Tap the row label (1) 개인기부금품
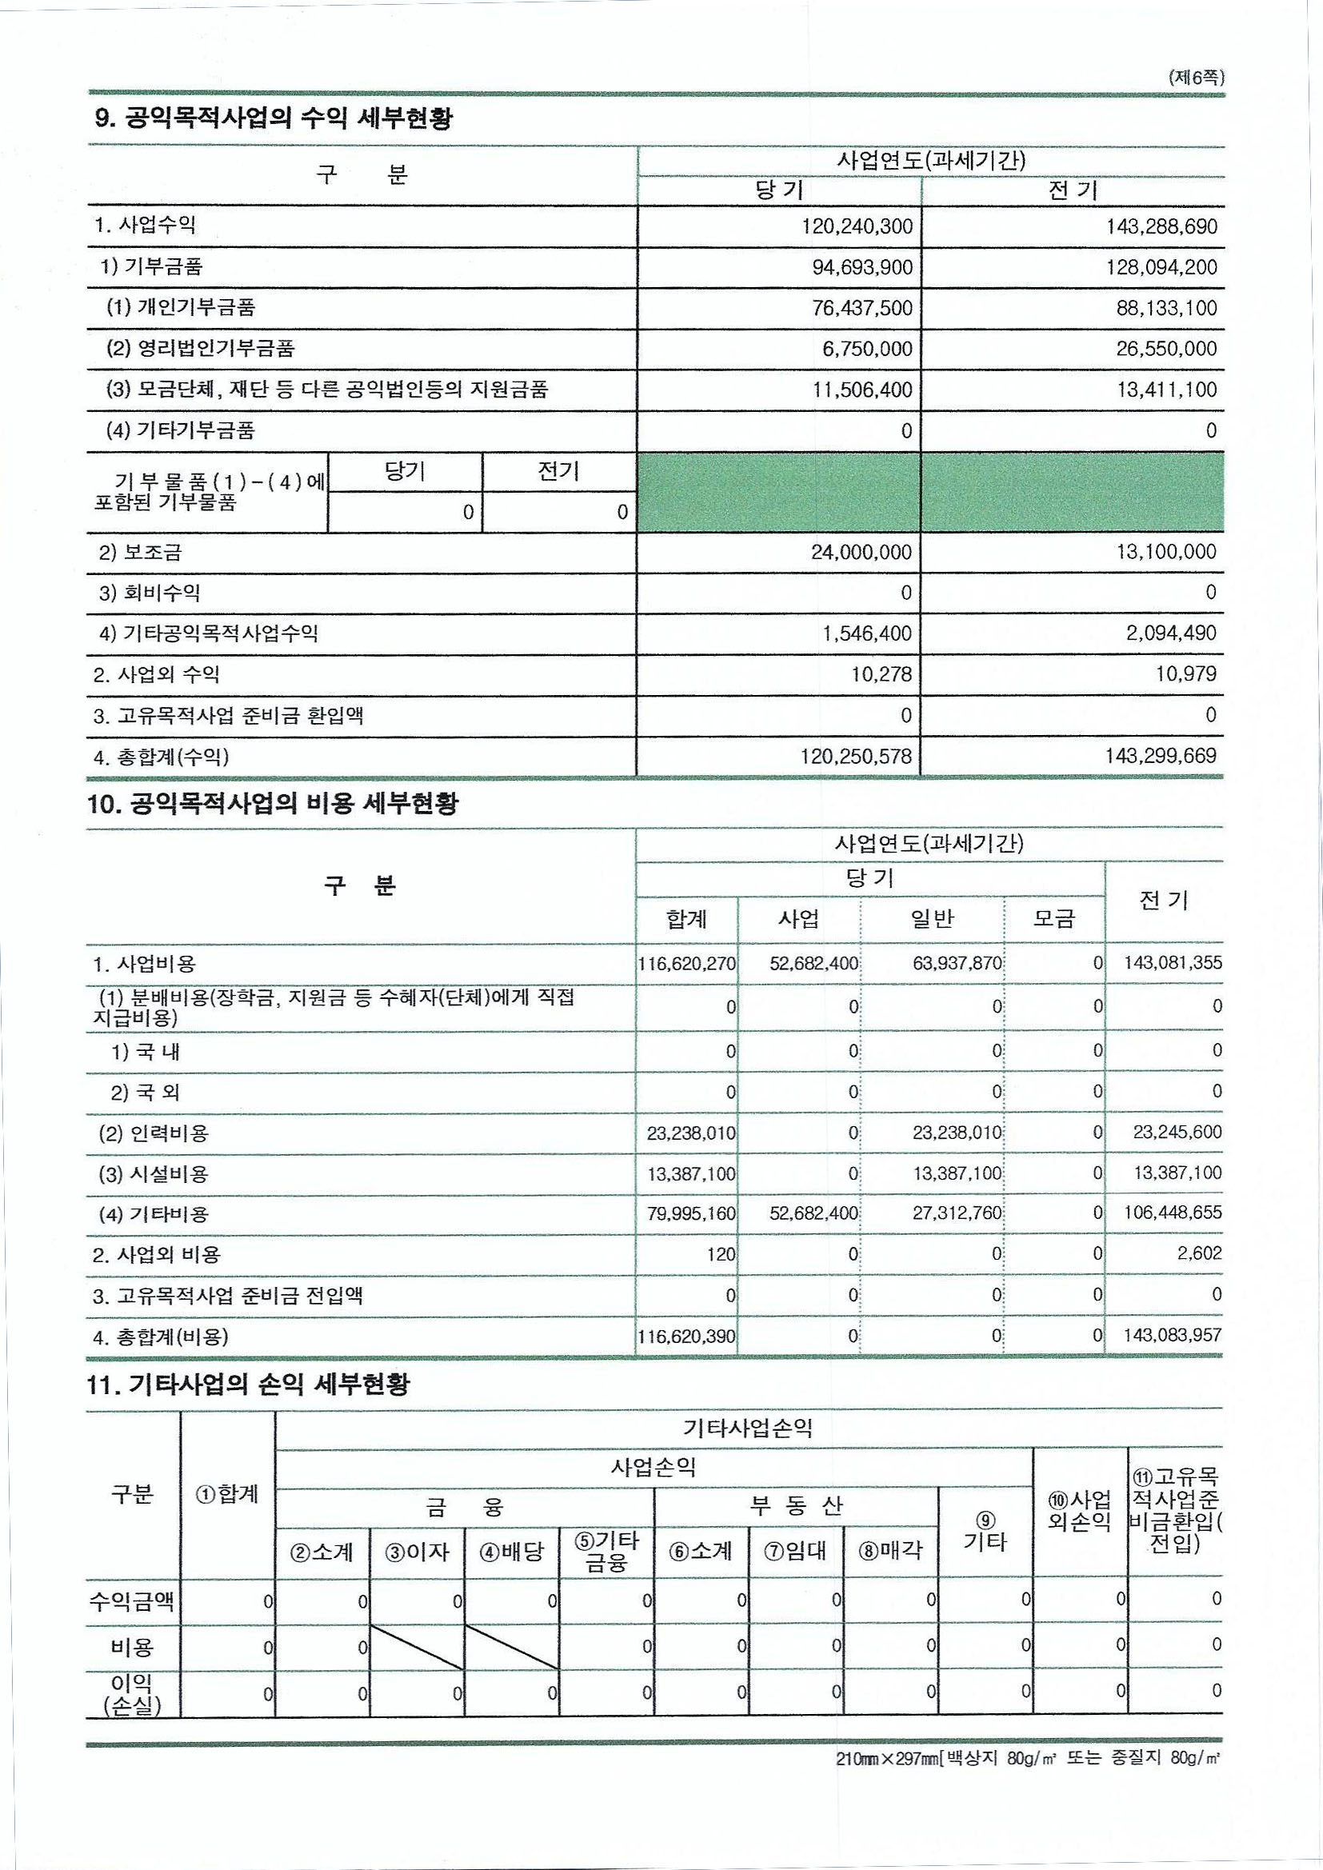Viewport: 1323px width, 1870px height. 181,308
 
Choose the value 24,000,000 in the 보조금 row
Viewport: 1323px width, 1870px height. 861,552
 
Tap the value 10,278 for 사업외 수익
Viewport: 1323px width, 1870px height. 881,674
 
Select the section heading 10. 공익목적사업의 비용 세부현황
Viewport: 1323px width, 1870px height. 273,804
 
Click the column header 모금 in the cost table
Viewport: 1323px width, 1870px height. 1054,920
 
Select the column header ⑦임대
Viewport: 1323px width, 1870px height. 795,1551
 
